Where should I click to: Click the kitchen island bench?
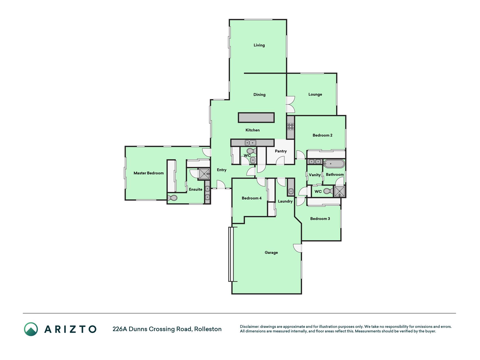pyautogui.click(x=256, y=118)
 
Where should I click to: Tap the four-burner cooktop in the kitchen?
pyautogui.click(x=290, y=127)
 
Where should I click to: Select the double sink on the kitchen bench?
pyautogui.click(x=250, y=143)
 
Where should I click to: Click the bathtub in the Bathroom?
pyautogui.click(x=334, y=164)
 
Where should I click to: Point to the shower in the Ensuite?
pyautogui.click(x=204, y=174)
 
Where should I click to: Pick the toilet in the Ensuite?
pyautogui.click(x=172, y=198)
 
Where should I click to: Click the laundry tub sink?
pyautogui.click(x=291, y=192)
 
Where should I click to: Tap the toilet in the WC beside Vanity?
pyautogui.click(x=328, y=191)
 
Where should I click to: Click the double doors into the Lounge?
pyautogui.click(x=290, y=104)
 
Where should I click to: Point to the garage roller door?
pyautogui.click(x=231, y=254)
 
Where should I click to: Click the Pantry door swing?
pyautogui.click(x=280, y=161)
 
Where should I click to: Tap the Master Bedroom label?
pyautogui.click(x=148, y=173)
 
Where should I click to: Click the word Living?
pyautogui.click(x=259, y=45)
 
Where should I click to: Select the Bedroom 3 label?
pyautogui.click(x=320, y=219)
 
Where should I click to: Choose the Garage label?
pyautogui.click(x=271, y=253)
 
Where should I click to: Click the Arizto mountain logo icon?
pyautogui.click(x=31, y=329)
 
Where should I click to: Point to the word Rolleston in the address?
pyautogui.click(x=208, y=329)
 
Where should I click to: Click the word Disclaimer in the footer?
pyautogui.click(x=249, y=327)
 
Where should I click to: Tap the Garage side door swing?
pyautogui.click(x=298, y=248)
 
